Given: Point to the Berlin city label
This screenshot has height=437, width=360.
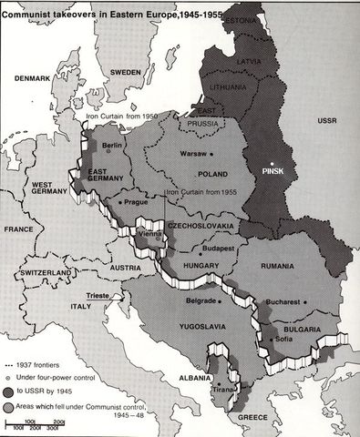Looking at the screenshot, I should pos(113,145).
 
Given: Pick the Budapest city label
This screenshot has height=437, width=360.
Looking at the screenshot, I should pos(219,246).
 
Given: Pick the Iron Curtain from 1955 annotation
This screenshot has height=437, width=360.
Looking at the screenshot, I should pos(204,193).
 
